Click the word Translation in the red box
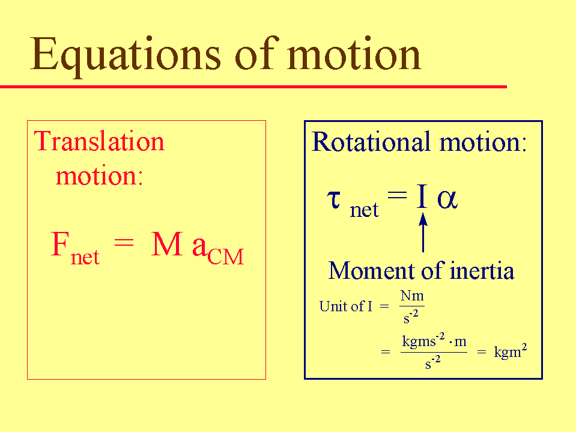[x=99, y=141]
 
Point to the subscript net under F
[x=85, y=257]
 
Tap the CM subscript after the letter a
[x=226, y=257]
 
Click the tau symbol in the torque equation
[x=334, y=199]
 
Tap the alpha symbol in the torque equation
[x=447, y=199]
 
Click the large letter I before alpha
[x=422, y=196]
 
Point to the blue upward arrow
[x=423, y=233]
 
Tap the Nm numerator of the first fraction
[x=412, y=296]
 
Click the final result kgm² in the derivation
[x=511, y=351]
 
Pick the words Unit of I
[x=346, y=306]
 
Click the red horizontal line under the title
[x=253, y=87]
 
